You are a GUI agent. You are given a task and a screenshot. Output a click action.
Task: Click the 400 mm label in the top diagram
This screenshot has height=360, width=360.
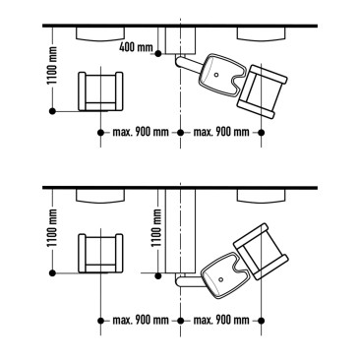pyautogui.click(x=136, y=47)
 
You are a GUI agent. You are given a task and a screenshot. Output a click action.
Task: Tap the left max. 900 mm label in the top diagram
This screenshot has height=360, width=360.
pyautogui.click(x=140, y=132)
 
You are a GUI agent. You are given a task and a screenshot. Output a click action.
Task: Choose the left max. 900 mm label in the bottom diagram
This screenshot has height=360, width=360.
pyautogui.click(x=140, y=321)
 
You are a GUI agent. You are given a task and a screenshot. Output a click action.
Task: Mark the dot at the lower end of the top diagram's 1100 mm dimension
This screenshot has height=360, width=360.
pyautogui.click(x=51, y=112)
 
